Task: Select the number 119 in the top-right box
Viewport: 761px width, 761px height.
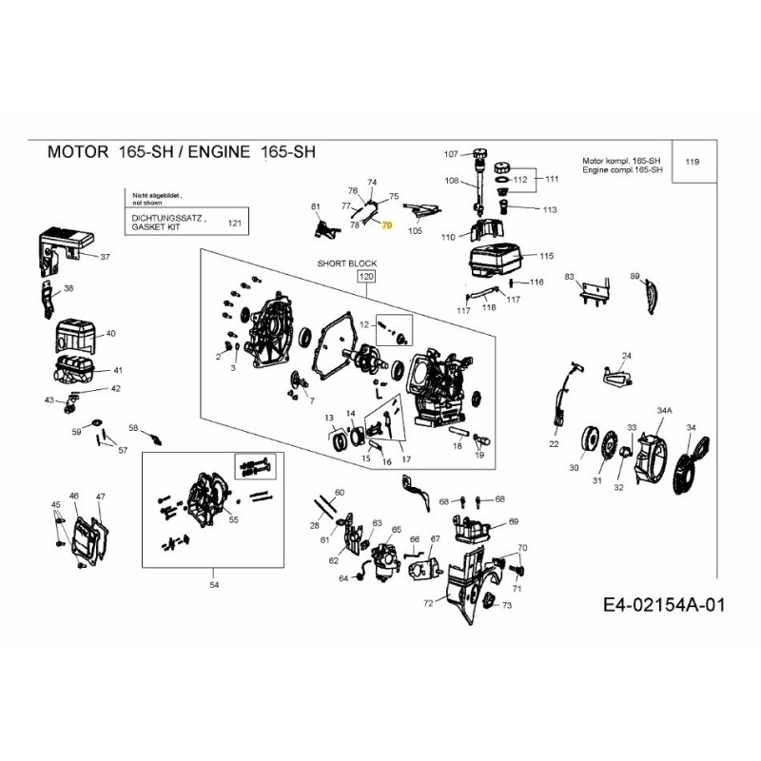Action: click(693, 162)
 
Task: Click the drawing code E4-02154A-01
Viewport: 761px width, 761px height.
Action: click(663, 606)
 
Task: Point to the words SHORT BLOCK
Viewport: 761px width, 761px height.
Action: click(347, 263)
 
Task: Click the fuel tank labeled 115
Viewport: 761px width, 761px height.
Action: click(498, 258)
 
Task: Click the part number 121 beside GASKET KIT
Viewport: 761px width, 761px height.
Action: click(235, 223)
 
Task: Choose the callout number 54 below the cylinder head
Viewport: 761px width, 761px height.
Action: click(214, 584)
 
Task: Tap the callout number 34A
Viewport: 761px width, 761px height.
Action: click(664, 409)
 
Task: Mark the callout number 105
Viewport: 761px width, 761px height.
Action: click(415, 230)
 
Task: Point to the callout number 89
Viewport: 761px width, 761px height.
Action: click(634, 276)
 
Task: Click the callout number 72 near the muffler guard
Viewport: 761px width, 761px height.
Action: click(428, 603)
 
